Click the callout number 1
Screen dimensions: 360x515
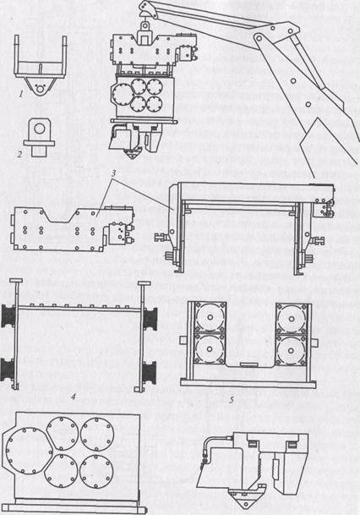pyautogui.click(x=21, y=95)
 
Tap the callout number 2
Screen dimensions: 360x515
pyautogui.click(x=20, y=154)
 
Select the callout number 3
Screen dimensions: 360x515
pyautogui.click(x=113, y=173)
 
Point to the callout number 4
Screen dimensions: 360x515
pyautogui.click(x=74, y=397)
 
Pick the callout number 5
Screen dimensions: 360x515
pyautogui.click(x=232, y=399)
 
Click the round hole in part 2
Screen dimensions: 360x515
pyautogui.click(x=40, y=128)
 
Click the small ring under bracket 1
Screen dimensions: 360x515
pyautogui.click(x=41, y=88)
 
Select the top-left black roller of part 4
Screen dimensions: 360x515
pyautogui.click(x=8, y=316)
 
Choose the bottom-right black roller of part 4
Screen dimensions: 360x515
pyautogui.click(x=150, y=371)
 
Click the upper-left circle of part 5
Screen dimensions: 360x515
pyautogui.click(x=210, y=317)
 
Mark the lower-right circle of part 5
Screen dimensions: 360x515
pyautogui.click(x=292, y=350)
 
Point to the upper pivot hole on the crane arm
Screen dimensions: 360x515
pyautogui.click(x=259, y=38)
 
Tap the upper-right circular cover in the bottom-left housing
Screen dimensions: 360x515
pyautogui.click(x=97, y=434)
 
